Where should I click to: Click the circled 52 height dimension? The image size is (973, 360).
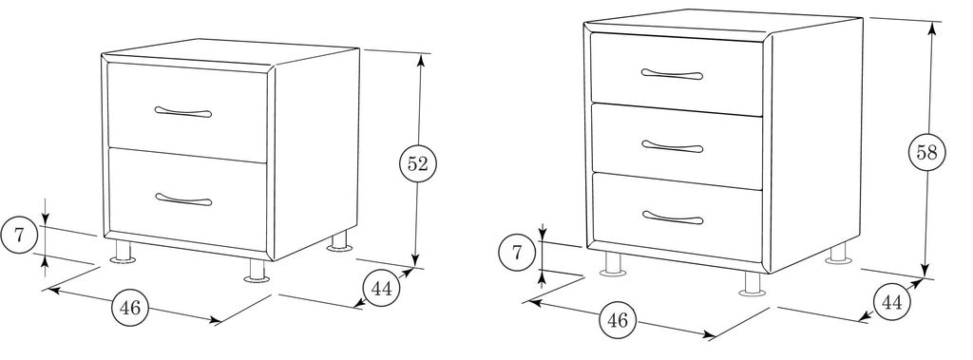click(418, 164)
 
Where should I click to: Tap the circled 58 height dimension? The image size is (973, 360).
click(926, 152)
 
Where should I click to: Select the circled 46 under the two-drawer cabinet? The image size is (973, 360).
click(130, 307)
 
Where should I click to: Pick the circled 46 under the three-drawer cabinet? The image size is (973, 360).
click(618, 320)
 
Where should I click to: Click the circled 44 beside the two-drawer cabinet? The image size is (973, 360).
click(381, 289)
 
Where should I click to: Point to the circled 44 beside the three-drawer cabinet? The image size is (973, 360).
click(891, 302)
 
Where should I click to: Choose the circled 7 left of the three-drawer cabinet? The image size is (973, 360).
click(517, 254)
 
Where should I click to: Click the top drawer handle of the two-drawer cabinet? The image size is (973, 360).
click(183, 112)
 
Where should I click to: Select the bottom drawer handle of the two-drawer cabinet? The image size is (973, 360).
click(183, 199)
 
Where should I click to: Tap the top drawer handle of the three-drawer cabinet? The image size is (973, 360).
click(672, 74)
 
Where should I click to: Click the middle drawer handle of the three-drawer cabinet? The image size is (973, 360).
click(672, 147)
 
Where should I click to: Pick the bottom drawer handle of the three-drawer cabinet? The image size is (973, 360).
click(673, 218)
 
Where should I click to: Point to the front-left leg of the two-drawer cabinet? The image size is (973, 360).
click(124, 252)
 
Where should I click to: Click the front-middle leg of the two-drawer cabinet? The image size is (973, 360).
click(257, 270)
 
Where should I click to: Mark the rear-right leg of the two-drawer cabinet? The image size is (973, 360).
click(339, 241)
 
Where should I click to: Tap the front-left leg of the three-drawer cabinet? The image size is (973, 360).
click(613, 263)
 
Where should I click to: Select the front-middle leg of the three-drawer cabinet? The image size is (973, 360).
click(754, 282)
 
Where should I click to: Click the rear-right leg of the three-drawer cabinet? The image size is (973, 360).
click(838, 253)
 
